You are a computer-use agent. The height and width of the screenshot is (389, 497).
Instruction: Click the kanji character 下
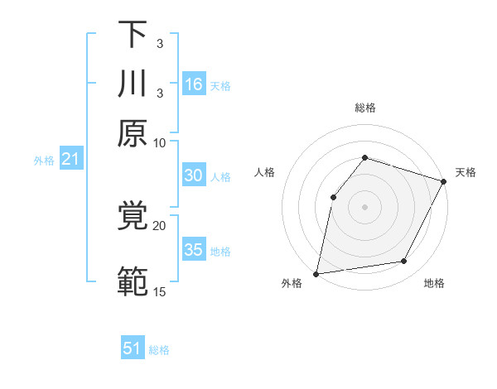[x=133, y=35]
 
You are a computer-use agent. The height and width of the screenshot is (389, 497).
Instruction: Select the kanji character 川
[x=133, y=84]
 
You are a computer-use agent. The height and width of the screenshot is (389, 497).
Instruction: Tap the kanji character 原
[x=133, y=133]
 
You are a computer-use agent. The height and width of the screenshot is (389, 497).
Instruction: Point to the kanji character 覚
[x=133, y=217]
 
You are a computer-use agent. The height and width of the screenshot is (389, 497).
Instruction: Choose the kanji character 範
[x=133, y=282]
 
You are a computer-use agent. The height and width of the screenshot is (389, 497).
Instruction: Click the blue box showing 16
[x=194, y=84]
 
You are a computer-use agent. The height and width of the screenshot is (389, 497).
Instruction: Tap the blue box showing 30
[x=194, y=175]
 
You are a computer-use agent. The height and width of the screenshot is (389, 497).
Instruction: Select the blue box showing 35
[x=194, y=249]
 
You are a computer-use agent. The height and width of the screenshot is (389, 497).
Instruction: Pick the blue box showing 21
[x=70, y=159]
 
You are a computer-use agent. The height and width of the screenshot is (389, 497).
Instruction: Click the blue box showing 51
[x=133, y=348]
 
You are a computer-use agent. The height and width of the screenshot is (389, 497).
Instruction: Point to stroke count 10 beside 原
[x=160, y=142]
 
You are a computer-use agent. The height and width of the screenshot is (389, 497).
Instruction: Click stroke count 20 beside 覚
[x=160, y=224]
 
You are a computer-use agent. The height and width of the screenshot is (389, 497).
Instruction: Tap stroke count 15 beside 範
[x=160, y=291]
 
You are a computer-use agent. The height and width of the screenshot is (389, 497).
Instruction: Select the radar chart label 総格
[x=365, y=108]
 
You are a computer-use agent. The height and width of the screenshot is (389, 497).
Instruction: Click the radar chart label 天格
[x=466, y=172]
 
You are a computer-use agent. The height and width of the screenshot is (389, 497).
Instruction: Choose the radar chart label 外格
[x=292, y=283]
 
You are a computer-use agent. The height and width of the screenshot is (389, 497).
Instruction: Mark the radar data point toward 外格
[x=316, y=273]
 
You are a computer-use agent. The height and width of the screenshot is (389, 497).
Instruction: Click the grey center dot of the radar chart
[x=365, y=206]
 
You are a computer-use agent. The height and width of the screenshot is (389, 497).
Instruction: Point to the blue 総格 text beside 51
[x=159, y=350]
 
